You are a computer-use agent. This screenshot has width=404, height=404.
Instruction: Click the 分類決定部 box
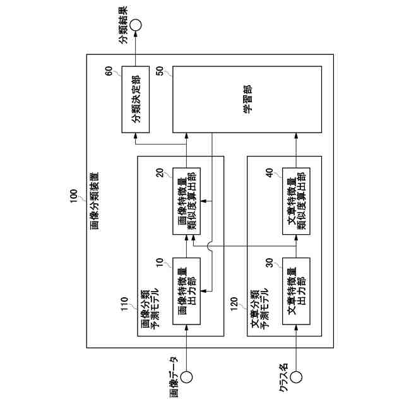click(x=135, y=99)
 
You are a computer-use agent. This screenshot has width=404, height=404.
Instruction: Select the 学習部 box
click(x=247, y=99)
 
